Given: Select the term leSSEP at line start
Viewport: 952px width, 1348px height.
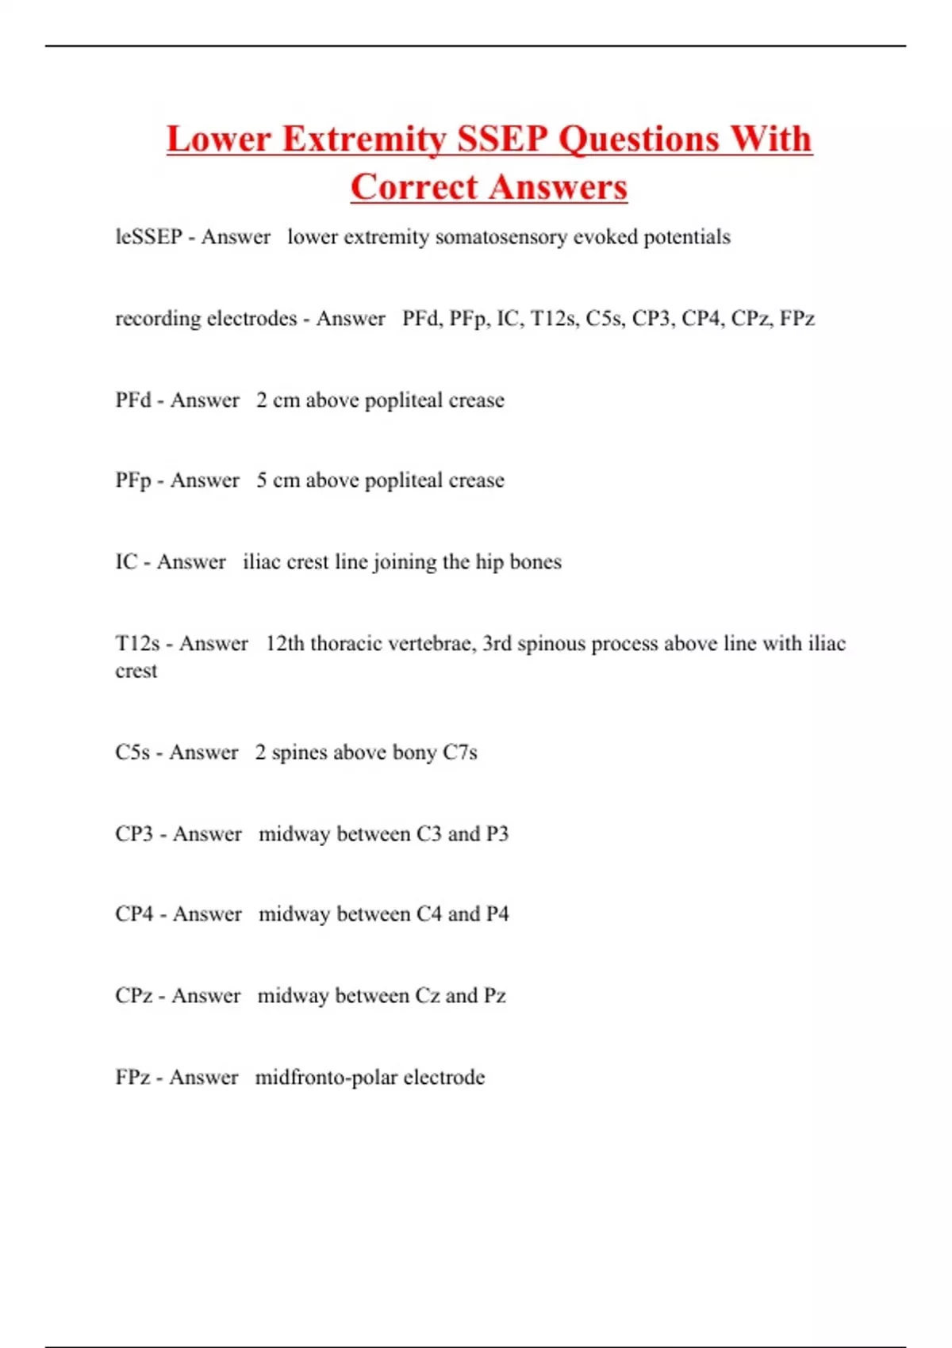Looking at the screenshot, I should tap(148, 237).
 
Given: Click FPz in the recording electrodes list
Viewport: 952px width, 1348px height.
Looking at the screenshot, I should tap(797, 319).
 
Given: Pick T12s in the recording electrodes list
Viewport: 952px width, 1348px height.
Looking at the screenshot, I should tap(555, 319).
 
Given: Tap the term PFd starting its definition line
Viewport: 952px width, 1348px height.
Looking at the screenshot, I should tap(133, 400).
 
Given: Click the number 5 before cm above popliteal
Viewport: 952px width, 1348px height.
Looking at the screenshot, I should tap(262, 481).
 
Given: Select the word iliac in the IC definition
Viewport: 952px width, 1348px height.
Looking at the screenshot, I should tap(262, 562).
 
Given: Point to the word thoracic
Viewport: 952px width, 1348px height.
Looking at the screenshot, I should tap(347, 644).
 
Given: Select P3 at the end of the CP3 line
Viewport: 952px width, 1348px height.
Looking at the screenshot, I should tap(497, 834).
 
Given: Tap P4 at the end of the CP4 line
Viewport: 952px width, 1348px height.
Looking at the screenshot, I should tap(497, 914).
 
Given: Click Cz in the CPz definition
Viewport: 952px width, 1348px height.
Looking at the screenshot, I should tap(427, 996).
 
